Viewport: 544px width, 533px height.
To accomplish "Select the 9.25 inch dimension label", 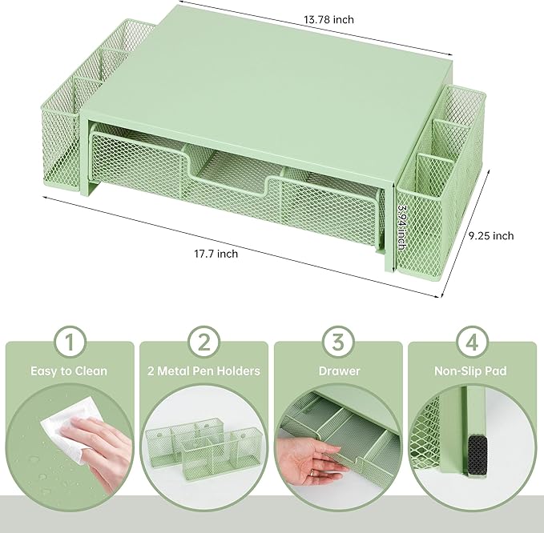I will coord(490,235).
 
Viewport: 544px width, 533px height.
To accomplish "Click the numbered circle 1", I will coord(70,343).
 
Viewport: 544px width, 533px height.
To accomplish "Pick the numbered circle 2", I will coord(204,343).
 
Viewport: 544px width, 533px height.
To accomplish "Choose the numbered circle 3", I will coord(339,343).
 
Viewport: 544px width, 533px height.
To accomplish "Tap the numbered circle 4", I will coord(473,343).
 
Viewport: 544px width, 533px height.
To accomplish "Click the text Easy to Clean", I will coord(70,371).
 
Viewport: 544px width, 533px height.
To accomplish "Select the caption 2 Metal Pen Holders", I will coord(204,371).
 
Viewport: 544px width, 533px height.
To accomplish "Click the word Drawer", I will coord(339,371).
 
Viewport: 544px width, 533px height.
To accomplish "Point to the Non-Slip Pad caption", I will coord(473,371).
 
